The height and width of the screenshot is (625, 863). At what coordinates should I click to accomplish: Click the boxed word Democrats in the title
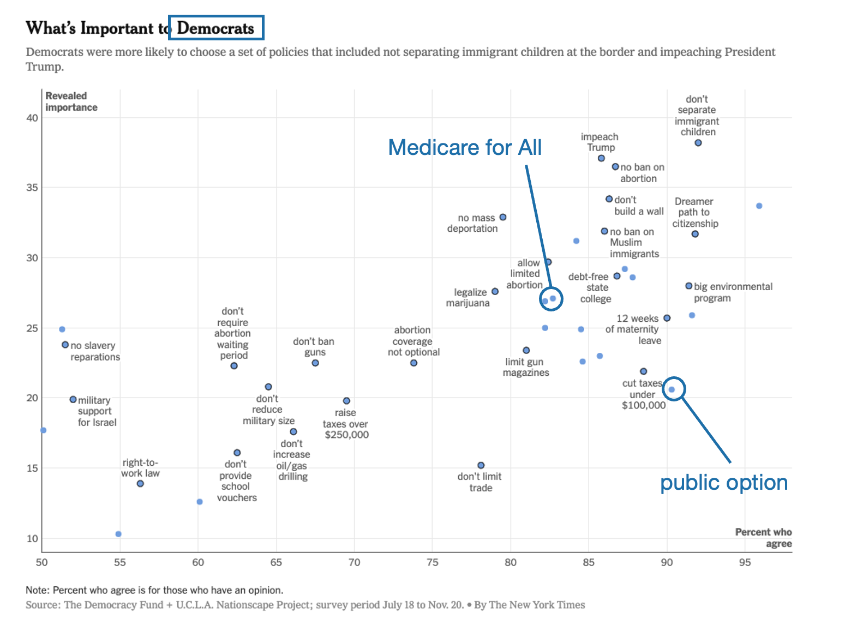pos(216,28)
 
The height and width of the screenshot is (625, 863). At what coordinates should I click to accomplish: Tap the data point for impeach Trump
pos(601,158)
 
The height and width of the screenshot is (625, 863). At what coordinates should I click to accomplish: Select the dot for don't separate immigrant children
pos(698,143)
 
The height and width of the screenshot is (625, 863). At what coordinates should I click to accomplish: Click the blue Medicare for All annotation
pos(464,147)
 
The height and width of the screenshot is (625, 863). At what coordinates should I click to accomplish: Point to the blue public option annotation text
pos(723,483)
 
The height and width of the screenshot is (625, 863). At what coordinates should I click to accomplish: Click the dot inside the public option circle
pos(672,389)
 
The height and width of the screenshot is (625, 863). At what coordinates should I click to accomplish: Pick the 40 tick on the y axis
pos(32,118)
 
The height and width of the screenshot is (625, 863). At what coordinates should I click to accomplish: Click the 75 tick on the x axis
pos(432,562)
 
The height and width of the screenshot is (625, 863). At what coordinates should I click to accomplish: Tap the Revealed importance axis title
pos(71,102)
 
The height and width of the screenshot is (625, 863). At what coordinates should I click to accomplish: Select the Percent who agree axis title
pos(763,538)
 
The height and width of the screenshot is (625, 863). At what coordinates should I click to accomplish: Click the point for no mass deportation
pos(503,217)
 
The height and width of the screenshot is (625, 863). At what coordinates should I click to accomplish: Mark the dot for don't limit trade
pos(481,465)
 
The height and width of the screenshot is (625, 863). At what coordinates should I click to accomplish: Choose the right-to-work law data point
pos(140,484)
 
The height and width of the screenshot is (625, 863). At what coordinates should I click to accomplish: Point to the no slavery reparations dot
pos(65,345)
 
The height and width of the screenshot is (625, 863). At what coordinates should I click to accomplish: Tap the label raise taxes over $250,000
pos(346,424)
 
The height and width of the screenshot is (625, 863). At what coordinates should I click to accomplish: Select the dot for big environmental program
pos(688,286)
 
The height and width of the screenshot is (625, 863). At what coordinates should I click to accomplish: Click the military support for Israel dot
pos(73,400)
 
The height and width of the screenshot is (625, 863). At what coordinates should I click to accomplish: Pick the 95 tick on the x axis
pos(745,562)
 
